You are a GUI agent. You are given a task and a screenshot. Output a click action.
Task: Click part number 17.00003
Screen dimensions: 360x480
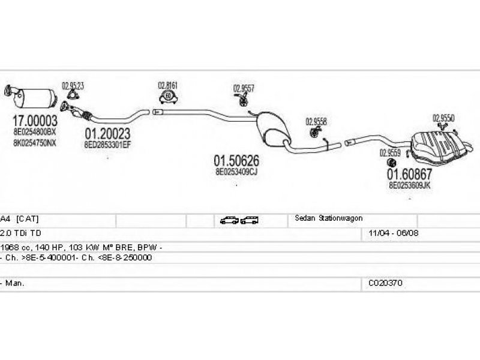coord(35,120)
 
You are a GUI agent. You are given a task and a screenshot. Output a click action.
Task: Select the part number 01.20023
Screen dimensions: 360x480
coord(107,134)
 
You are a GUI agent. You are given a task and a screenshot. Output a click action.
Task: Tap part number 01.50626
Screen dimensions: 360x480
coord(236,161)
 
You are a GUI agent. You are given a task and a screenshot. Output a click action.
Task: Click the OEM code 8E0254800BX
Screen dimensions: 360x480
coord(35,131)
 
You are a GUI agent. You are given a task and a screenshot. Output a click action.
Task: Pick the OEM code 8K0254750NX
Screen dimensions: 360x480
coord(35,143)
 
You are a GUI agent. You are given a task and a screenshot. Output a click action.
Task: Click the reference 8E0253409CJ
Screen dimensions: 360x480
coord(236,172)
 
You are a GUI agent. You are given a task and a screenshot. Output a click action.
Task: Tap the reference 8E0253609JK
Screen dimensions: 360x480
coord(410,185)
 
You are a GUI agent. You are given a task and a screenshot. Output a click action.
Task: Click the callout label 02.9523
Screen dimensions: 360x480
coord(73,86)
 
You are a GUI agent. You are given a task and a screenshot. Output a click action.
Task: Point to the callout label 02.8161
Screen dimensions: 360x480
coord(168,85)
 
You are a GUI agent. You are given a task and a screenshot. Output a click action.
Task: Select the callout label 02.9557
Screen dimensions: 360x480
coord(244,88)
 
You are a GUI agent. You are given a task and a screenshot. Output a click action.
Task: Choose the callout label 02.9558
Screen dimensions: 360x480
coord(316,120)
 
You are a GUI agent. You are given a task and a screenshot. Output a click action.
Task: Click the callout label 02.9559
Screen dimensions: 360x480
coord(391,152)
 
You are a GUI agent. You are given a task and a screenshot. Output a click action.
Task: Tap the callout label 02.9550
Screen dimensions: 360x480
coord(443,118)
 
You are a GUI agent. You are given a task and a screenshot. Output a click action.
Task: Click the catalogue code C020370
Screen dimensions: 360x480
coord(382,282)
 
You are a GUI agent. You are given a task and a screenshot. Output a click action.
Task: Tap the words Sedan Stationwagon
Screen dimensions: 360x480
coord(328,218)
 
